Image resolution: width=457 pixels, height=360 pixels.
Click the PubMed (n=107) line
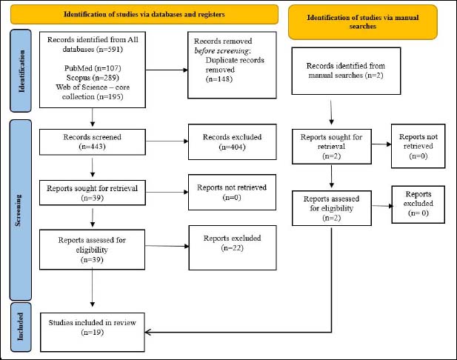coord(93,68)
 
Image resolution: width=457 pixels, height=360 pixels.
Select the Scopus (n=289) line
coord(93,78)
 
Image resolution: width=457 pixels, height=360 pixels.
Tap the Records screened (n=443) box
coord(93,142)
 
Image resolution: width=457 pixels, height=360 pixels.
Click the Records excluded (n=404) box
coord(233,142)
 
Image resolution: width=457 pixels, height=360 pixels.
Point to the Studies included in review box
coord(93,333)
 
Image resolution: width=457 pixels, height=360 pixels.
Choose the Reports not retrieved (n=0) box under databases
coord(232,193)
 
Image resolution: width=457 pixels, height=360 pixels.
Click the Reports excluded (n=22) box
coord(233,247)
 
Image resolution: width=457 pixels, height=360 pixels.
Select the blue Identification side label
coord(21,71)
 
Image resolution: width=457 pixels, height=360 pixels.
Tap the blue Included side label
coord(21,327)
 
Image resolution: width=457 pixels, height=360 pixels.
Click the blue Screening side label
coord(21,210)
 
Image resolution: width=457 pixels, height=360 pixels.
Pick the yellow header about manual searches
coord(363,22)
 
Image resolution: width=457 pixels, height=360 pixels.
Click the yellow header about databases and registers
coord(144,14)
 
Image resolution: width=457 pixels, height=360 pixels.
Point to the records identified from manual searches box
coord(346,71)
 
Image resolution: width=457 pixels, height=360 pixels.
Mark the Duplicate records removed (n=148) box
coord(233,65)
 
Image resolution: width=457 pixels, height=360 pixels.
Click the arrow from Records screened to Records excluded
coord(167,141)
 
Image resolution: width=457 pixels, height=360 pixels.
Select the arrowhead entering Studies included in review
coord(147,332)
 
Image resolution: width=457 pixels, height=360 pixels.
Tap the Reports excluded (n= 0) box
coord(418,204)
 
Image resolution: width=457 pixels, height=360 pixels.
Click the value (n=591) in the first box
coord(110,50)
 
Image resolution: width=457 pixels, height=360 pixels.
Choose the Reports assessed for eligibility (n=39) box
coord(92,250)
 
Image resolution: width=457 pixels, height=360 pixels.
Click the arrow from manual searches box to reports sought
coord(331,113)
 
